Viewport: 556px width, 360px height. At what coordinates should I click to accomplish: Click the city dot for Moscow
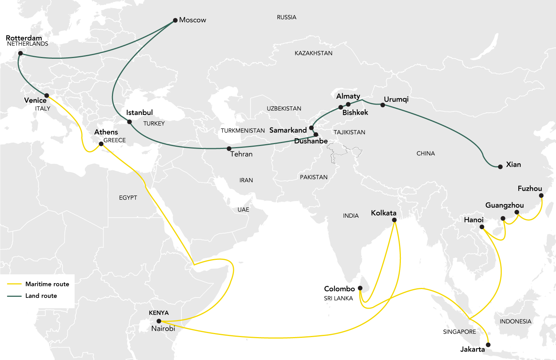[175, 20]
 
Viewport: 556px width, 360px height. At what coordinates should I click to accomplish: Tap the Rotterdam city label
[24, 38]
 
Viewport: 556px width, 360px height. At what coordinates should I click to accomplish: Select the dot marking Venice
[47, 96]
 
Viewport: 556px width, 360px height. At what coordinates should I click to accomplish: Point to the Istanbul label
[139, 112]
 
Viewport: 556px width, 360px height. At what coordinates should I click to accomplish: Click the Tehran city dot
[229, 149]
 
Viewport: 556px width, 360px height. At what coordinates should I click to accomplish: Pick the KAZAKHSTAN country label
[313, 53]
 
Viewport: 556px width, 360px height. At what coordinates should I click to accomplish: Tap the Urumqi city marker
[383, 105]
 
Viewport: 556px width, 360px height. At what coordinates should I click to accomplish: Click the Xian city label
[513, 164]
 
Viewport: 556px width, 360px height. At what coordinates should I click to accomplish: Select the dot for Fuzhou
[541, 196]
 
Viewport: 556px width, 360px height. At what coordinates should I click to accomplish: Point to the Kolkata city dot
[394, 220]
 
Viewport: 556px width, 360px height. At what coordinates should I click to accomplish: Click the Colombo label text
[339, 289]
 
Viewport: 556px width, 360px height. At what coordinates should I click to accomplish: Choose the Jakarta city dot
[488, 345]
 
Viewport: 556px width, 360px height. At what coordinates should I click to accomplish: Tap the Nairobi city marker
[159, 321]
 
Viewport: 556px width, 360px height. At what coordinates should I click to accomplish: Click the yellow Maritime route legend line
[14, 284]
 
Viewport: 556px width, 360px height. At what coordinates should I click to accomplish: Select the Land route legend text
[41, 296]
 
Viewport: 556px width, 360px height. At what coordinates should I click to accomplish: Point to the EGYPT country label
[128, 198]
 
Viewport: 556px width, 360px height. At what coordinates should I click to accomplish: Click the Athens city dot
[101, 144]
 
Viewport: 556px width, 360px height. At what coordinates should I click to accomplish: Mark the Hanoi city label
[474, 220]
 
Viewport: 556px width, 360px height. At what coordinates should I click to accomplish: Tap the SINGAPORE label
[459, 332]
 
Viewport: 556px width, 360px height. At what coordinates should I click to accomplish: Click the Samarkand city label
[288, 130]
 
